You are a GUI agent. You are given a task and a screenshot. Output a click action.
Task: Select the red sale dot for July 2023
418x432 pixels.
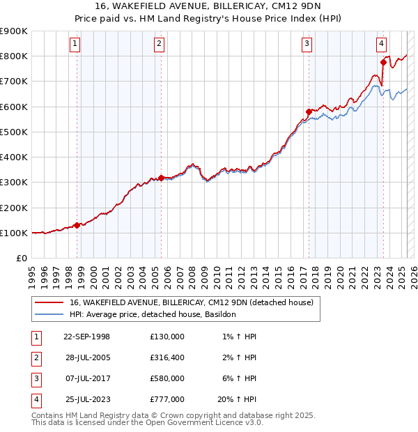tap(383, 63)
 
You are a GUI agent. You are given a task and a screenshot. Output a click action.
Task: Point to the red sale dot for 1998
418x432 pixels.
tap(77, 225)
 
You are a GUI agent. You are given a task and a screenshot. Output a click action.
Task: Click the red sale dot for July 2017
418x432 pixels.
tap(309, 111)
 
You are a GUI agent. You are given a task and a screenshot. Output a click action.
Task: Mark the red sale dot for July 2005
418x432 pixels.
tap(161, 178)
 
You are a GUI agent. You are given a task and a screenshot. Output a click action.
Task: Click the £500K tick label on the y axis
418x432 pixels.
tap(14, 132)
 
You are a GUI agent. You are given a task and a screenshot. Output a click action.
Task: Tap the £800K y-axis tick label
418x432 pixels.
tap(14, 56)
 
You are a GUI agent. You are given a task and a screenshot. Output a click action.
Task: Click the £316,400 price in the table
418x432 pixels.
tap(167, 357)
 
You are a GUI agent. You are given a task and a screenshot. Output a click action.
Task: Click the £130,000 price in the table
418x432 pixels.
tap(167, 337)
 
